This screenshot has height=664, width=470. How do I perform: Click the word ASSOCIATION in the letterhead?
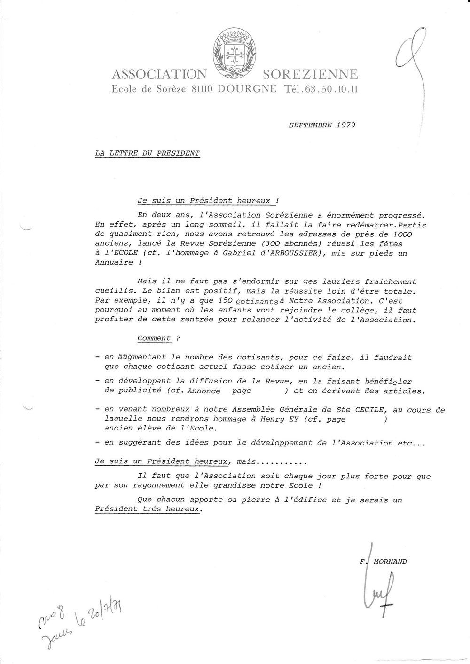tap(159, 75)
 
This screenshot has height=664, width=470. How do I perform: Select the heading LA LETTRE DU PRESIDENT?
tap(147, 153)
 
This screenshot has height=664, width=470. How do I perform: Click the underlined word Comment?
tap(154, 338)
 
